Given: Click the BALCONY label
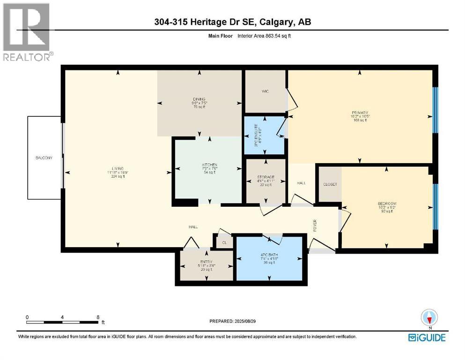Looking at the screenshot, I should pos(44,158).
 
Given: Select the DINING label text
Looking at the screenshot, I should pos(199,99).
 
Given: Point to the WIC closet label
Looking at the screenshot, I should pos(264,91).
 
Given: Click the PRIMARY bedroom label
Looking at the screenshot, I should pos(360,113).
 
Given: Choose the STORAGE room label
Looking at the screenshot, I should pos(266,177).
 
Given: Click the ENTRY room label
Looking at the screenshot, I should pos(206,262).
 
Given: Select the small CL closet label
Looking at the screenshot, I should pos(224,243).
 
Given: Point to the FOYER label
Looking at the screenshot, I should pos(315,226).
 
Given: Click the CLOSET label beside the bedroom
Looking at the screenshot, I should pos(330,185).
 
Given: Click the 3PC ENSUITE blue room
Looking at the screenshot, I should pos(265,136).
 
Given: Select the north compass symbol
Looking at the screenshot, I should pos(429,318).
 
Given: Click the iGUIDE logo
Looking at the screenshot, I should pos(427,337).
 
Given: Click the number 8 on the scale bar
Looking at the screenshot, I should pos(97,317).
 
